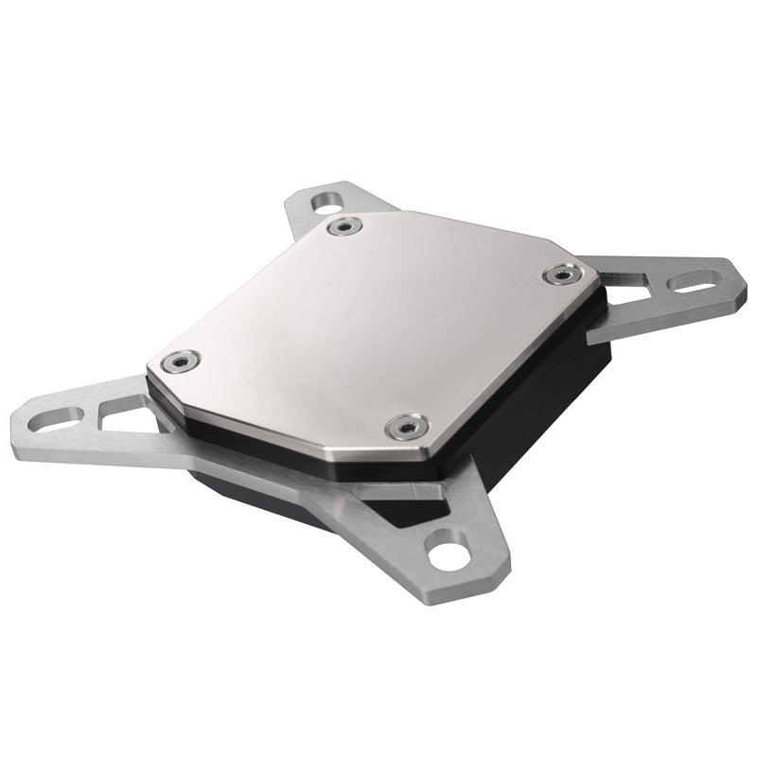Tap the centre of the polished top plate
[x=369, y=322]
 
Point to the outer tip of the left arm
[x=17, y=426]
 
